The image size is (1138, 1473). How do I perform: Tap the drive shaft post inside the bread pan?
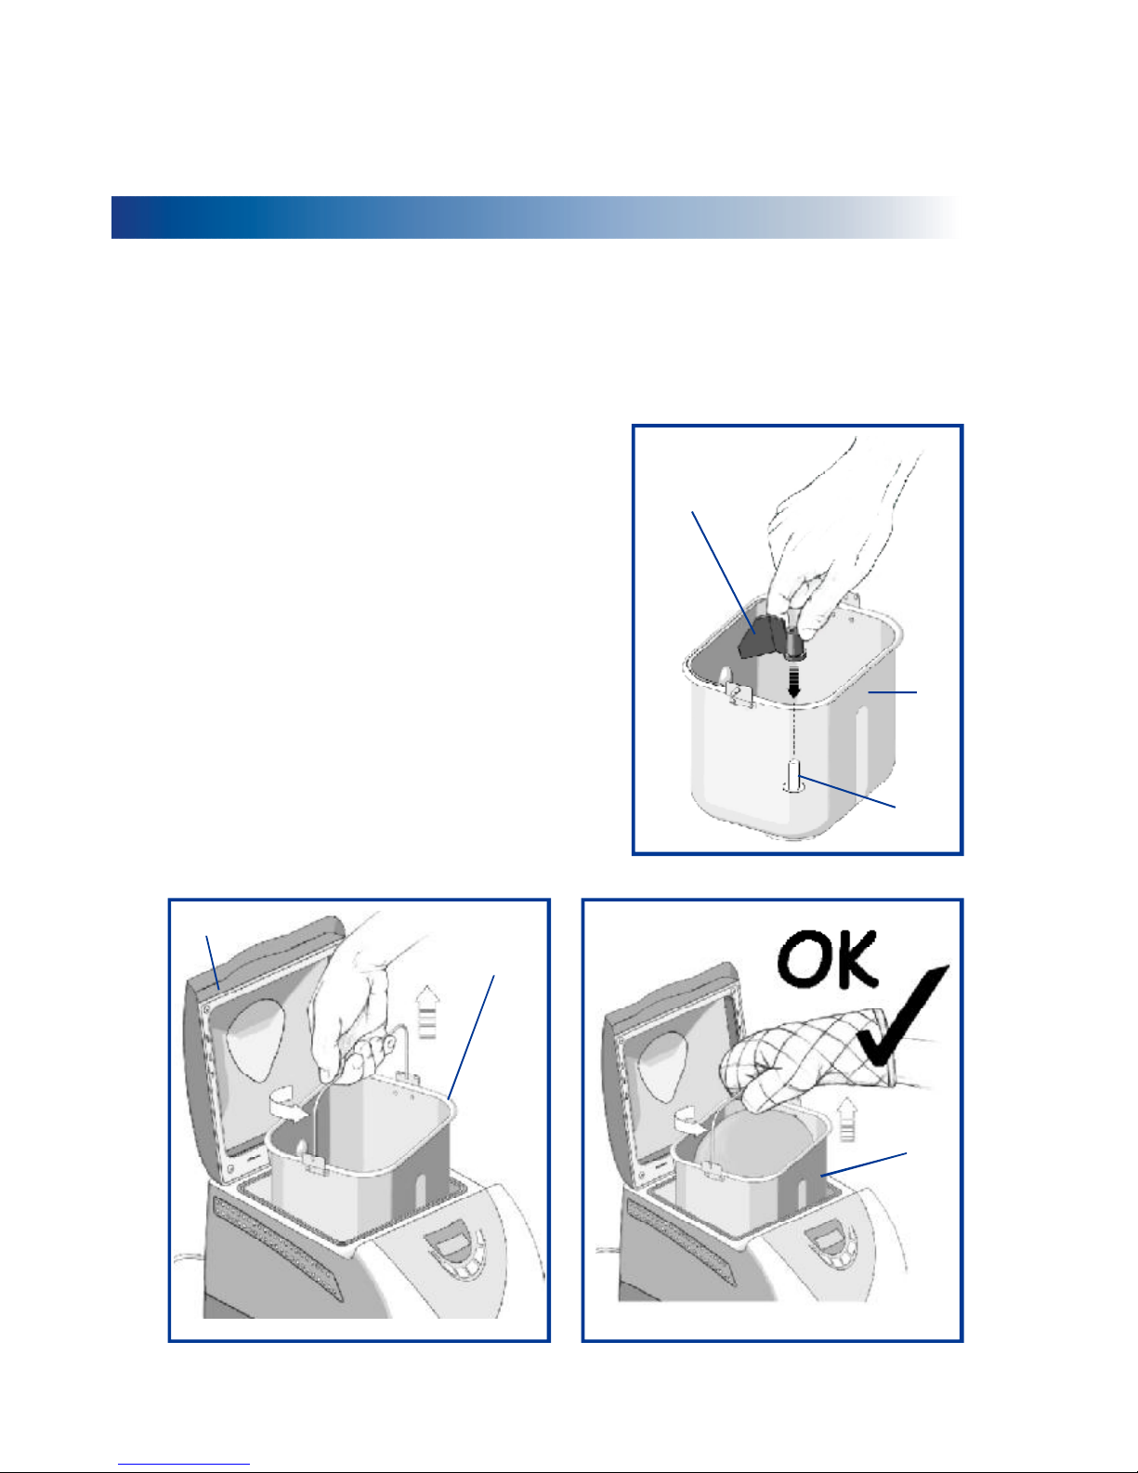[793, 776]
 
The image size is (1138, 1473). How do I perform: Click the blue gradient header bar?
[535, 217]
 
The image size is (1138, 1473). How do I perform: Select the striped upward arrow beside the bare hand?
[427, 1013]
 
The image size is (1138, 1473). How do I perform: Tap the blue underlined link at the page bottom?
[184, 1465]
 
